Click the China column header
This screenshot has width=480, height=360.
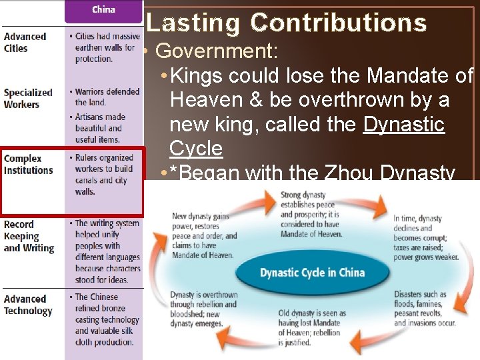click(x=103, y=9)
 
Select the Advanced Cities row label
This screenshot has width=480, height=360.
click(x=25, y=42)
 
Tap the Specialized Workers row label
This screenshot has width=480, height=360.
click(x=28, y=98)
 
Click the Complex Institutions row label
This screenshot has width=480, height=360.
click(x=28, y=164)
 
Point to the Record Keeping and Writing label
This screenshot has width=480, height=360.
click(x=29, y=236)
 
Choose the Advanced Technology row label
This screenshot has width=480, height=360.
click(x=27, y=305)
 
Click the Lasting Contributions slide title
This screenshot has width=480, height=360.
click(x=286, y=23)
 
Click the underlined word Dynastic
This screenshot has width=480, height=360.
click(x=403, y=124)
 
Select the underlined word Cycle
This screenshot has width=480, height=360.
click(x=196, y=148)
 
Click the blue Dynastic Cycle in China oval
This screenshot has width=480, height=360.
click(x=312, y=272)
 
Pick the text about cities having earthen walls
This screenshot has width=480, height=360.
click(x=107, y=47)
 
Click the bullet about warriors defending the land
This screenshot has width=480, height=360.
click(x=107, y=97)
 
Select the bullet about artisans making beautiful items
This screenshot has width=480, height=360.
click(x=103, y=128)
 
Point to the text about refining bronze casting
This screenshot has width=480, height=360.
click(x=107, y=319)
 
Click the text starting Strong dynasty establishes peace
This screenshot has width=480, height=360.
click(x=309, y=215)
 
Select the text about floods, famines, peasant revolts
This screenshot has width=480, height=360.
click(x=425, y=309)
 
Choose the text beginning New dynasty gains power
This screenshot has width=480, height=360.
click(x=203, y=235)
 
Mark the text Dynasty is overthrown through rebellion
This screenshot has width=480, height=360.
click(x=203, y=309)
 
